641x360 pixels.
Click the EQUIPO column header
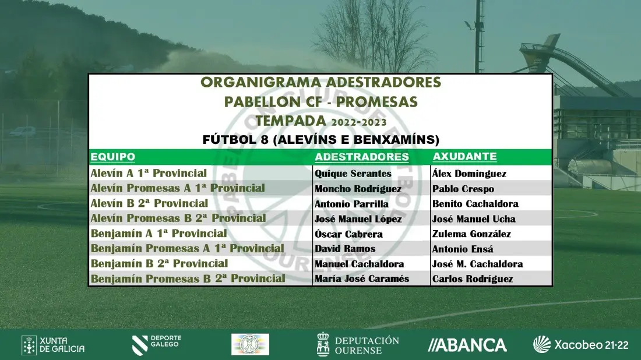pos(113,157)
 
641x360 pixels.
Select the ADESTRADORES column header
pos(362,157)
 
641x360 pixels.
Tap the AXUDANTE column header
pos(465,157)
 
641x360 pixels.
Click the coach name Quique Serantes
pos(353,174)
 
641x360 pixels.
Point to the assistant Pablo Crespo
pos(463,189)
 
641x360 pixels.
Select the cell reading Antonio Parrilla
pos(351,204)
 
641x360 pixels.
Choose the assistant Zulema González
pos(471,234)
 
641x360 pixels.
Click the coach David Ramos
pos(345,249)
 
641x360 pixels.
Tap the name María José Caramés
pos(362,278)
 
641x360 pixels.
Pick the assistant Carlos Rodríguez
pos(473,279)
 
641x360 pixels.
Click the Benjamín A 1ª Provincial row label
pos(159,234)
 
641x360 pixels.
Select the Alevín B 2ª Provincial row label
pos(149,203)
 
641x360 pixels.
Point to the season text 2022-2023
pos(359,122)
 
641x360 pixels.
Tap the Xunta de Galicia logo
pos(53,345)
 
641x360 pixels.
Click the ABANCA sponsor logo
pos(467,345)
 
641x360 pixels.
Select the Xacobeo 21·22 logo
pos(580,344)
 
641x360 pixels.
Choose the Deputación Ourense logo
pos(358,344)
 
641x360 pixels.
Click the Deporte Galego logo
pos(157,344)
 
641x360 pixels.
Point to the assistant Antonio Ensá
pos(463,249)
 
